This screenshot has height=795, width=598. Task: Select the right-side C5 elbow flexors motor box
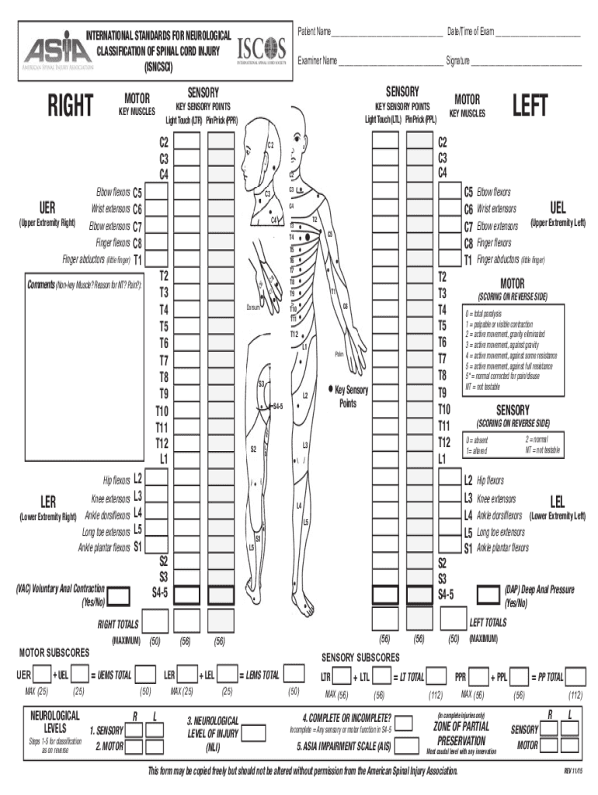point(155,192)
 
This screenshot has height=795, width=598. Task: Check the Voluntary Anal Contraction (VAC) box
point(118,596)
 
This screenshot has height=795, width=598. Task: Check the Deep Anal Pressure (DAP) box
point(488,595)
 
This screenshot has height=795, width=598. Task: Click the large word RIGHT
point(70,106)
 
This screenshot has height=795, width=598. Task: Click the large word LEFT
point(530,106)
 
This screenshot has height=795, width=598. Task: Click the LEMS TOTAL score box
point(294,674)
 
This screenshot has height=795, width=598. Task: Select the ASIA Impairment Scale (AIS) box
point(405,747)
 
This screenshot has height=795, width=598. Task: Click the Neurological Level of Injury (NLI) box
point(251,732)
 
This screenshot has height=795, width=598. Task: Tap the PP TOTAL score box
point(575,675)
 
